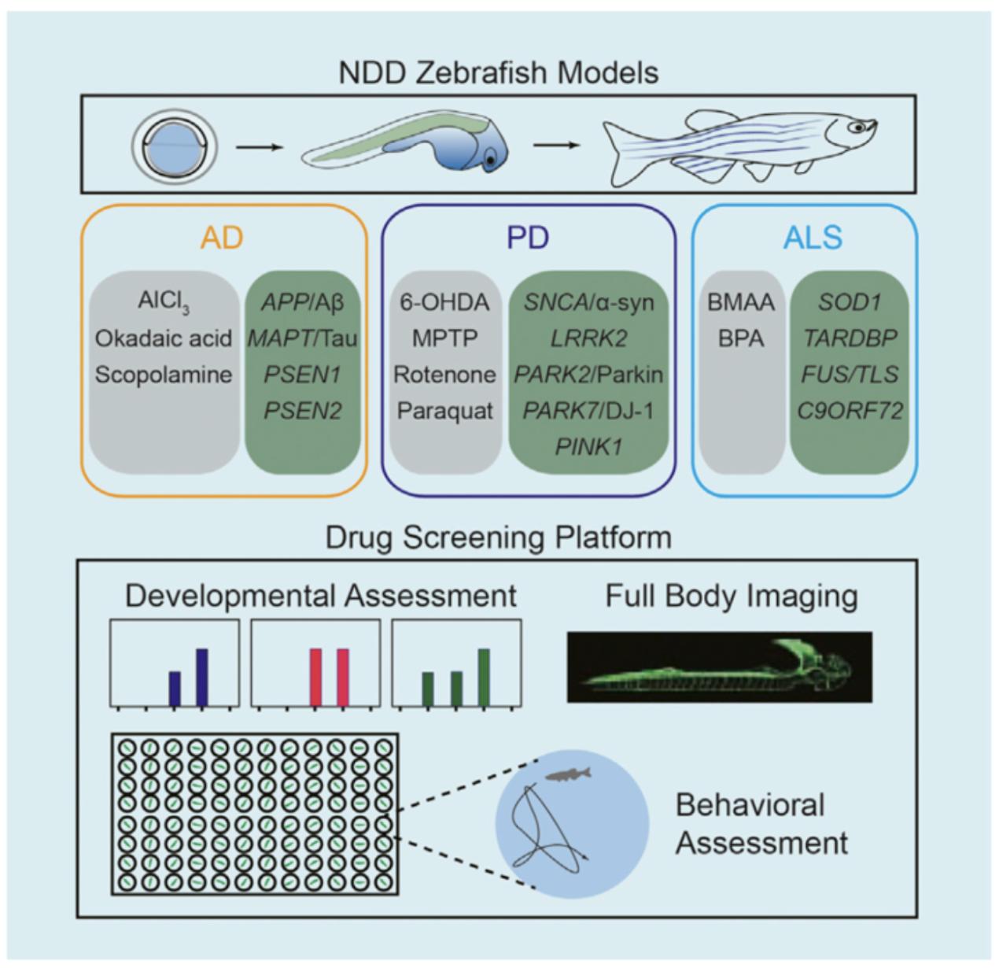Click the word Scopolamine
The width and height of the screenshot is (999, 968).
pyautogui.click(x=164, y=375)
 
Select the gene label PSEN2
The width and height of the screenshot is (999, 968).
pyautogui.click(x=303, y=411)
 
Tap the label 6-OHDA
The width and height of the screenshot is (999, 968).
pyautogui.click(x=444, y=303)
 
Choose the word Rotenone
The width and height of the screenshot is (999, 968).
pyautogui.click(x=444, y=375)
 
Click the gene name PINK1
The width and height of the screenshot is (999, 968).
pyautogui.click(x=588, y=446)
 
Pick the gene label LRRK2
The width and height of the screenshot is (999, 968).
pyautogui.click(x=588, y=338)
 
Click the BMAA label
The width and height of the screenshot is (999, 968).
pyautogui.click(x=741, y=303)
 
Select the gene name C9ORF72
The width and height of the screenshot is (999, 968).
pyautogui.click(x=850, y=411)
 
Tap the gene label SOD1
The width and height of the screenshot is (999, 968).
pyautogui.click(x=850, y=303)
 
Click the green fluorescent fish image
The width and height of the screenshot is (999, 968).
pyautogui.click(x=719, y=667)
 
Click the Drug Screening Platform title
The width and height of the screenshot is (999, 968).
pyautogui.click(x=499, y=538)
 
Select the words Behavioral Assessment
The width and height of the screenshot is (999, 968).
pyautogui.click(x=761, y=824)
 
